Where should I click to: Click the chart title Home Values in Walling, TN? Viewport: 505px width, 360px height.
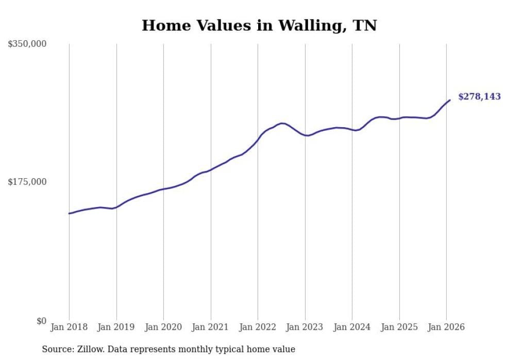tap(259, 25)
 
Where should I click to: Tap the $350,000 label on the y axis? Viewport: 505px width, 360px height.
tap(27, 44)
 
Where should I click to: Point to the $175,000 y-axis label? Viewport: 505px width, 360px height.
tap(27, 182)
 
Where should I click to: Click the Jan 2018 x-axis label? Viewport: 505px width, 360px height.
tap(69, 327)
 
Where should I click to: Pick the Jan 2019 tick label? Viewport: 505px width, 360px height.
tap(116, 327)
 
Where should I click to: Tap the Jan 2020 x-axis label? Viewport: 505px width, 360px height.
tap(163, 327)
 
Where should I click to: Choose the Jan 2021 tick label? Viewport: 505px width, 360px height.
tap(211, 327)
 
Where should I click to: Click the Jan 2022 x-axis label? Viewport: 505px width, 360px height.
tap(258, 327)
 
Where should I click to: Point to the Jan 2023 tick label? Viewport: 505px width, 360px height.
tap(305, 327)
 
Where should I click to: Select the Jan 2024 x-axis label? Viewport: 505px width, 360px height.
tap(352, 327)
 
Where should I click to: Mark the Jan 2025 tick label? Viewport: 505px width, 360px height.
tap(399, 327)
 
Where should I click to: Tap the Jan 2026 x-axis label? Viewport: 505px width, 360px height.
tap(446, 327)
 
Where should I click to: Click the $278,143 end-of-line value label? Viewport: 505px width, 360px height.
tap(479, 96)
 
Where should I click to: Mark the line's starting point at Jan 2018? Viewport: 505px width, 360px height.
tap(69, 213)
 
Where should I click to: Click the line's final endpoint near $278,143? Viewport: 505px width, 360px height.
tap(450, 100)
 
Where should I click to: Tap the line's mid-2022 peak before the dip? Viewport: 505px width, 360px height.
tap(281, 123)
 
